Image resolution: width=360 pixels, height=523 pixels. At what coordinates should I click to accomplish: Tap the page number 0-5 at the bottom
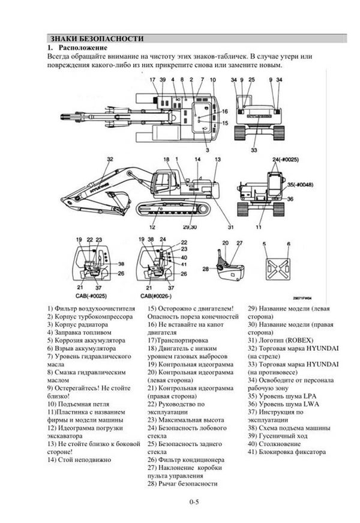(x=193, y=501)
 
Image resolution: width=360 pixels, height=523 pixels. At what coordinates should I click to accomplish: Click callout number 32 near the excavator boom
(x=110, y=159)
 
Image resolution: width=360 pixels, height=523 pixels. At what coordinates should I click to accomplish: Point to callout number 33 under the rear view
(x=254, y=149)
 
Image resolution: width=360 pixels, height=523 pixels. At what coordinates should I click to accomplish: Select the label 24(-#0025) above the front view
(x=286, y=159)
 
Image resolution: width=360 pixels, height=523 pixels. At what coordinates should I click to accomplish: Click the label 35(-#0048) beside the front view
(x=298, y=186)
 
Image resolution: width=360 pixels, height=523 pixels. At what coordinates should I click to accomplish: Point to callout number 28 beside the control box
(x=206, y=269)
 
